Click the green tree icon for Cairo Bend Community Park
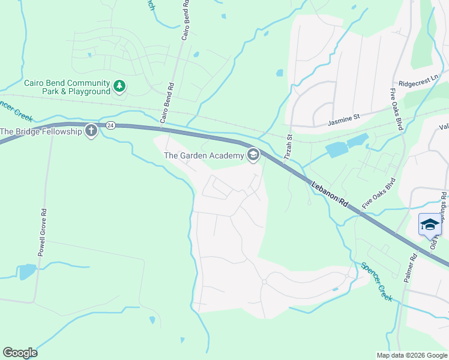click(x=119, y=87)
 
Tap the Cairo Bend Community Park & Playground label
click(x=67, y=87)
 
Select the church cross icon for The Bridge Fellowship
click(x=91, y=131)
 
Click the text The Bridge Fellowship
click(x=41, y=131)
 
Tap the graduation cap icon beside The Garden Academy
click(x=253, y=155)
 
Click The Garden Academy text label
click(x=203, y=156)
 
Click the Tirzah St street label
click(x=289, y=147)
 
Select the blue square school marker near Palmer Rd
click(x=430, y=225)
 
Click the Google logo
click(x=20, y=353)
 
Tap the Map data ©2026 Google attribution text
click(x=412, y=355)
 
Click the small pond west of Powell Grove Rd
click(x=27, y=272)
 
